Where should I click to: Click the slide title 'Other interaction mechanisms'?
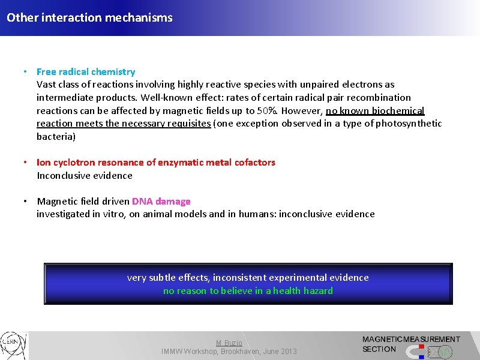click(89, 17)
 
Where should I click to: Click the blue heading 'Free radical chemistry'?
click(86, 72)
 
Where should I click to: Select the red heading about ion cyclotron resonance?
click(156, 163)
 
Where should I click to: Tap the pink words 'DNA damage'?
click(161, 202)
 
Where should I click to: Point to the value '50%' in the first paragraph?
click(266, 111)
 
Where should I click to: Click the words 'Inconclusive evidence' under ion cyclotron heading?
click(85, 176)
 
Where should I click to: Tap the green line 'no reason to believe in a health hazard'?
click(248, 291)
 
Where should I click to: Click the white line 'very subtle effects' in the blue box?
click(248, 278)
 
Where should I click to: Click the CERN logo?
click(13, 346)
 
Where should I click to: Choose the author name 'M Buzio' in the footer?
click(229, 343)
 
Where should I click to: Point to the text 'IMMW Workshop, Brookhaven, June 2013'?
click(229, 352)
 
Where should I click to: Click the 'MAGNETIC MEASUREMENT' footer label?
click(411, 340)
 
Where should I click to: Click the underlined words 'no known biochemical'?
click(375, 111)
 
